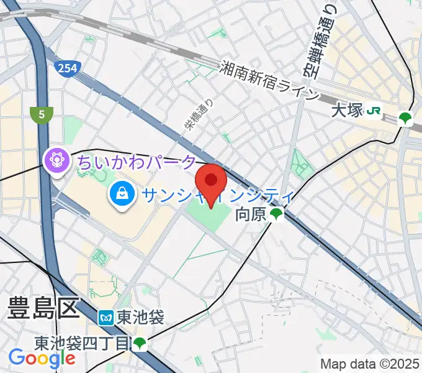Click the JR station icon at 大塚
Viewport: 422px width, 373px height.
pos(374,111)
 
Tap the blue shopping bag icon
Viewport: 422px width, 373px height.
pos(122,194)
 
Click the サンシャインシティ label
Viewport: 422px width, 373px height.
pos(217,196)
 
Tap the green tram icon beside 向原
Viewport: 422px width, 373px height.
pos(276,215)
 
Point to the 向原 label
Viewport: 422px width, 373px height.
pos(251,215)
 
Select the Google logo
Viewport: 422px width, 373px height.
pos(42,359)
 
